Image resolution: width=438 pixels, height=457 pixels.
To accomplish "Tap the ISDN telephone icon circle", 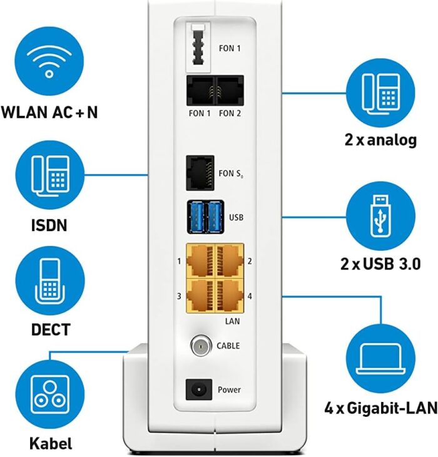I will (x=49, y=173).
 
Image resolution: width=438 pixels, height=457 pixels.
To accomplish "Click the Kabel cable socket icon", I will (x=49, y=392).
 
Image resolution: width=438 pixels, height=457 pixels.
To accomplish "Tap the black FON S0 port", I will (x=200, y=172).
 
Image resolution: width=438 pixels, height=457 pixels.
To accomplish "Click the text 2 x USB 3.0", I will (x=380, y=264).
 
